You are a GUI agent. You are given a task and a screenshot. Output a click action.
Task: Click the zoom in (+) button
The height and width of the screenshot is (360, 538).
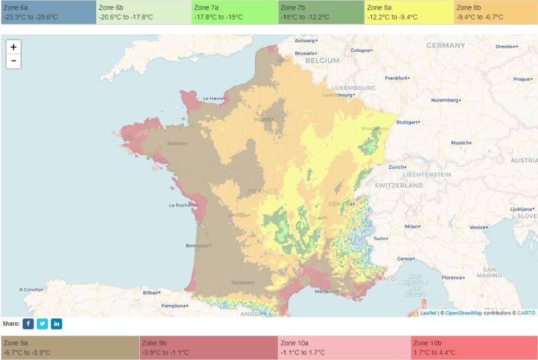pos(13,47)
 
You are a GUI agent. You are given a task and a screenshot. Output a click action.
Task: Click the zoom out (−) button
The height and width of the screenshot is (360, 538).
pos(13,61)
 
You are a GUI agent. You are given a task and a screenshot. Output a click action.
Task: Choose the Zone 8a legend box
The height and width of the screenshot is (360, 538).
pos(408,12)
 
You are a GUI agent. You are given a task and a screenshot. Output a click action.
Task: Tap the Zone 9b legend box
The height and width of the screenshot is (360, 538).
pos(208,347)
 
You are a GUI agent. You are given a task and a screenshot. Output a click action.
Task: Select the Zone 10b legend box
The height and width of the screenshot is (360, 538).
pos(473,347)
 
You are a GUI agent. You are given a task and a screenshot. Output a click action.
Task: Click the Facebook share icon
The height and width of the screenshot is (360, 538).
pos(28,324)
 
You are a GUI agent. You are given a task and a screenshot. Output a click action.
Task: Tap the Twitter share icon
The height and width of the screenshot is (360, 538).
pos(42,324)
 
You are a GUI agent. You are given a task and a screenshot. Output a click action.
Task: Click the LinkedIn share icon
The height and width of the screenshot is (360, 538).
pos(56,324)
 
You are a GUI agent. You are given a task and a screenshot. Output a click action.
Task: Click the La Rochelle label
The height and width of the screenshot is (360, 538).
pos(182,205)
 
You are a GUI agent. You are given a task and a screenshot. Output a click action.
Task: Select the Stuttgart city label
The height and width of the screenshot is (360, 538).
pos(408,122)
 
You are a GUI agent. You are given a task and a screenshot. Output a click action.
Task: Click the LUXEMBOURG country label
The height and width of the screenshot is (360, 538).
pos(353,88)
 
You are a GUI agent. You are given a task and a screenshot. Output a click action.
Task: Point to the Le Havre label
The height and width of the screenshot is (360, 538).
pos(213,98)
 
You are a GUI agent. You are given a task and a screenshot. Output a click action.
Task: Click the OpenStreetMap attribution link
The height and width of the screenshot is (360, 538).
pos(463,313)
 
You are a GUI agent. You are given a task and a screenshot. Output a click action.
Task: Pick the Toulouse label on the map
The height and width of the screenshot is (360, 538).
pos(242,283)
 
